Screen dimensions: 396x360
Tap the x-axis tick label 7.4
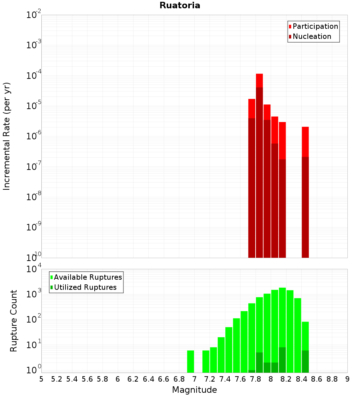pos(225,379)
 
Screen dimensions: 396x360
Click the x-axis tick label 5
pos(41,379)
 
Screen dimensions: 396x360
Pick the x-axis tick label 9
pos(347,379)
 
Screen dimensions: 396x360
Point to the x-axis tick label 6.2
pos(133,379)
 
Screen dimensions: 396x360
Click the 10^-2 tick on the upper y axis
pos(34,15)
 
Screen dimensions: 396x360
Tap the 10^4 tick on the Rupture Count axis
pos(35,269)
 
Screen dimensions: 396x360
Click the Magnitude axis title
pos(194,390)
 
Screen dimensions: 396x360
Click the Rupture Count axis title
pos(14,321)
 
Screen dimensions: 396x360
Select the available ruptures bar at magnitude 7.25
pos(213,360)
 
